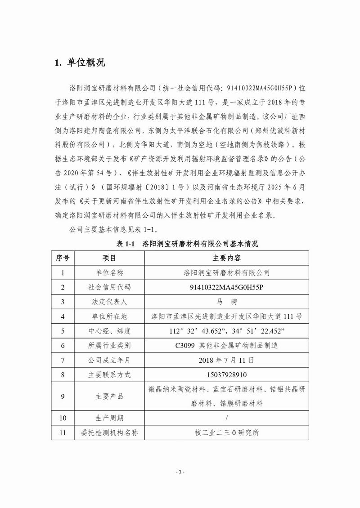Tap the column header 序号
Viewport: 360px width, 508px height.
(x=63, y=258)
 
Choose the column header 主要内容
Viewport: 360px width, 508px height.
(x=226, y=258)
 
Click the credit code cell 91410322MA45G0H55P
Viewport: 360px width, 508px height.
(x=226, y=287)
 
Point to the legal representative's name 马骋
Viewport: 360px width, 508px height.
(x=226, y=302)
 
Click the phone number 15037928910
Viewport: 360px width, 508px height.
(x=226, y=374)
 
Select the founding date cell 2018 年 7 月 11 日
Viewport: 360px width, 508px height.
(x=226, y=360)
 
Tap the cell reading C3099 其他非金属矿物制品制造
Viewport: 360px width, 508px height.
(x=226, y=345)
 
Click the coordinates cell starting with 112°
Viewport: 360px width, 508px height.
(x=226, y=331)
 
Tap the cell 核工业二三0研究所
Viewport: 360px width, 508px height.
(x=226, y=433)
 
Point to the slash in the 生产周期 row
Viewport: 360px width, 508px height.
(x=226, y=418)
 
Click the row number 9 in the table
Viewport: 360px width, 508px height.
(x=63, y=397)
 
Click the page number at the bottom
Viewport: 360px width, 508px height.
(x=180, y=472)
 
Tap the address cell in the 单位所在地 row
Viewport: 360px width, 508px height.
(x=226, y=316)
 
